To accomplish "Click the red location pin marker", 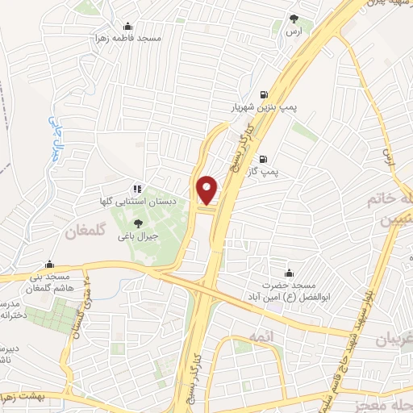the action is [x=207, y=190].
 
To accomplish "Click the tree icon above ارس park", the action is [x=294, y=19].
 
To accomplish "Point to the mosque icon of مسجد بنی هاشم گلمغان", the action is [x=49, y=264].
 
